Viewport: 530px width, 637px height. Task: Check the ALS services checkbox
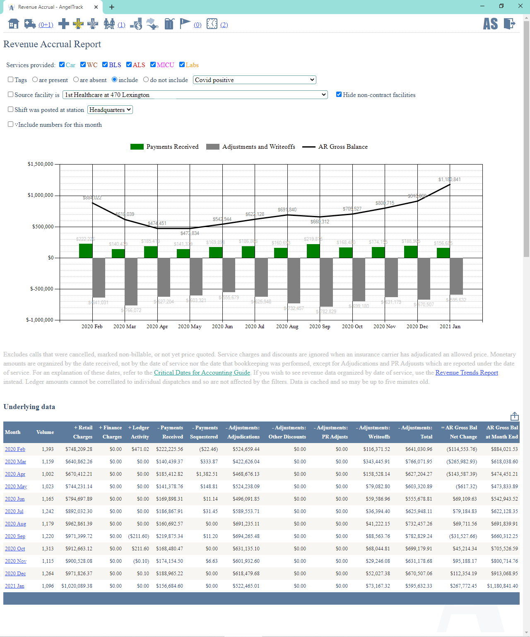(x=129, y=65)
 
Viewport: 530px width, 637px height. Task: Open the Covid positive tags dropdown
(x=254, y=80)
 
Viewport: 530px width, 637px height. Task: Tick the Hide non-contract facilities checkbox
(x=339, y=94)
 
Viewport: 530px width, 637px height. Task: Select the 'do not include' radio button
(x=146, y=80)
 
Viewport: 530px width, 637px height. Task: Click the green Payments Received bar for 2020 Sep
(x=313, y=251)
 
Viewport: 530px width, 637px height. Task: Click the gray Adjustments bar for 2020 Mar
(x=131, y=281)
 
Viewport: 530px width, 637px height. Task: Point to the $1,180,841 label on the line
(x=449, y=179)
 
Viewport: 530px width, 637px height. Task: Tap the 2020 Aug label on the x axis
(x=287, y=327)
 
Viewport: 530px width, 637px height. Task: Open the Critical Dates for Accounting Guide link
(x=202, y=373)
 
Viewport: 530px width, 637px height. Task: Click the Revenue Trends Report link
(x=467, y=373)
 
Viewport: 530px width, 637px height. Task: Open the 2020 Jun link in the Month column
(x=14, y=499)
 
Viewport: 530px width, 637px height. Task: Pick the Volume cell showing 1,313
(x=48, y=549)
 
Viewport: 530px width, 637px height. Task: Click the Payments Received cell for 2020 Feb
(x=169, y=449)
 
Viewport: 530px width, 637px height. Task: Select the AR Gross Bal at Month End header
(x=501, y=432)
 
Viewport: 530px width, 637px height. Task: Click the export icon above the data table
(x=515, y=416)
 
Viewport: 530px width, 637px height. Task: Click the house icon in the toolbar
(x=14, y=24)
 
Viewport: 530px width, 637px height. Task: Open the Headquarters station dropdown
(x=110, y=110)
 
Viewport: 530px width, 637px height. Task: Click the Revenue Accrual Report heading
(x=52, y=44)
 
